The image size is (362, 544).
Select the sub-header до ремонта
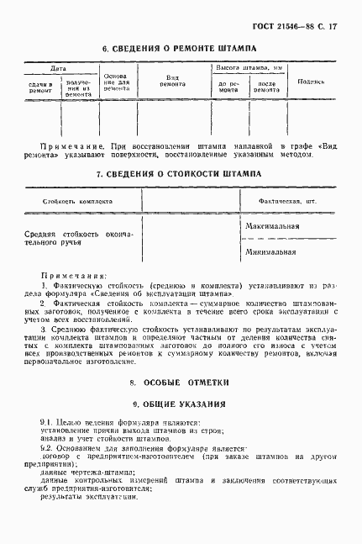pyautogui.click(x=228, y=88)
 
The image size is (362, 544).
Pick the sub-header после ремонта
pyautogui.click(x=267, y=88)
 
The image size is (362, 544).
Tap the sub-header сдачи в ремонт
pyautogui.click(x=40, y=88)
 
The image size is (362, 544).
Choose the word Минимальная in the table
pyautogui.click(x=270, y=251)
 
